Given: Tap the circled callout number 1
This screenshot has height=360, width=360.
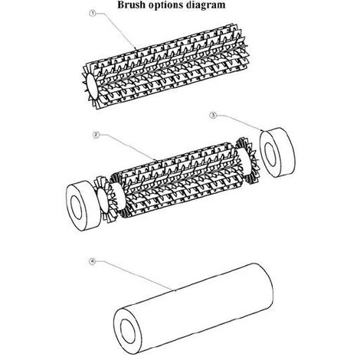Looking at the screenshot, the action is coord(93,13).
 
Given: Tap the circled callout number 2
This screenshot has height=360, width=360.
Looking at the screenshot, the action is coord(96,135).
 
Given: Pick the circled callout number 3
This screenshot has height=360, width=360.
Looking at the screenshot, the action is coord(213,115).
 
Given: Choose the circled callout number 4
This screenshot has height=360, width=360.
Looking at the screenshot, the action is coord(92,262).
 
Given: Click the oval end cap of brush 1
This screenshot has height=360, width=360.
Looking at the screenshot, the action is coord(92,87).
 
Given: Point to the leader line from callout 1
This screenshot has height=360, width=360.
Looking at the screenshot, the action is coord(116,30).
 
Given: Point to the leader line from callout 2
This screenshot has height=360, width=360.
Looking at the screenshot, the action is coord(128,148).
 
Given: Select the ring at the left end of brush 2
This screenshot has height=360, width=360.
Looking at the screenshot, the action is coord(83,206).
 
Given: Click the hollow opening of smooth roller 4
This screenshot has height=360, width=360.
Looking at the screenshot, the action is coord(127,332).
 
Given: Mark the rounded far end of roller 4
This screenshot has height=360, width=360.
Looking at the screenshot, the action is coord(267,286).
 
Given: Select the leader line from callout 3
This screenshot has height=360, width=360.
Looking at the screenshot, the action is coord(240,122).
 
